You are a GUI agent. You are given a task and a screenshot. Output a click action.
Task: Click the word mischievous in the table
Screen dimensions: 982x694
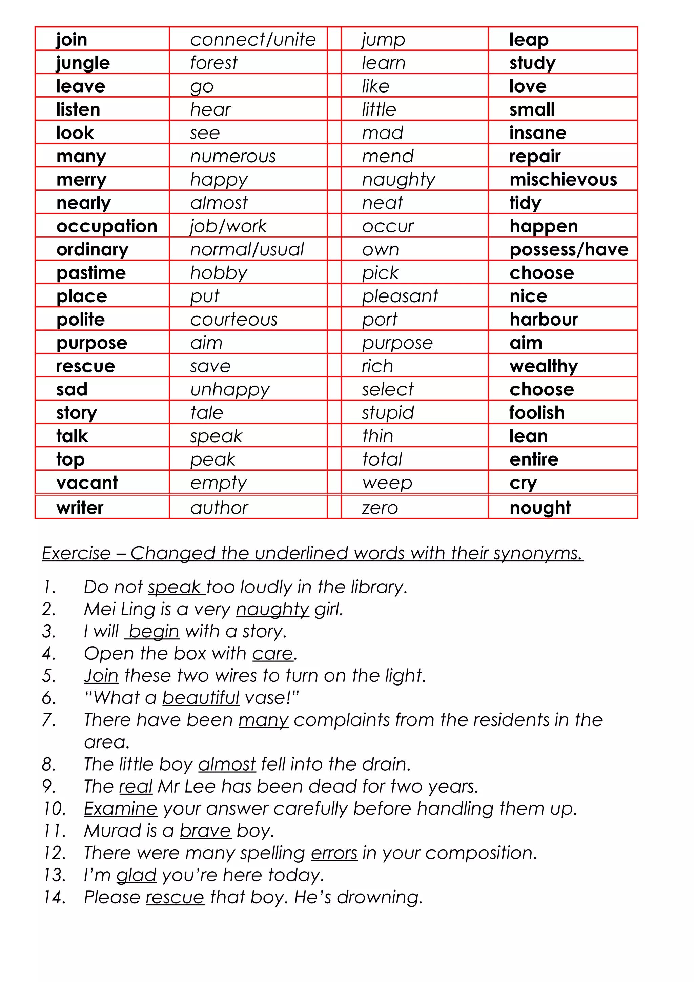pyautogui.click(x=563, y=180)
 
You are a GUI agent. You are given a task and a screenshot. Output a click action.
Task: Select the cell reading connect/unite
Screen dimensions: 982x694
pyautogui.click(x=253, y=40)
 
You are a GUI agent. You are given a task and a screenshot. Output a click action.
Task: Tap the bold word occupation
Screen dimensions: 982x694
pyautogui.click(x=107, y=226)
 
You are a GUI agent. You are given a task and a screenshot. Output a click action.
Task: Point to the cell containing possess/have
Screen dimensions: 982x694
pyautogui.click(x=569, y=250)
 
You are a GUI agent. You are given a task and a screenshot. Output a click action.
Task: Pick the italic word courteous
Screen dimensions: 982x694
pyautogui.click(x=234, y=320)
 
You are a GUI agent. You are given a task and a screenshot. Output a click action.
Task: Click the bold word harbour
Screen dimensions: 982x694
pyautogui.click(x=544, y=320)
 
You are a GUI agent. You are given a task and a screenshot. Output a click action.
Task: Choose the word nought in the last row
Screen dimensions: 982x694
pyautogui.click(x=540, y=508)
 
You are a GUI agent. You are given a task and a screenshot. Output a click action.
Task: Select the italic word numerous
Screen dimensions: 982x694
pyautogui.click(x=233, y=157)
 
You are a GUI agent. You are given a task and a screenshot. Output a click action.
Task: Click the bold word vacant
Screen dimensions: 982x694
pyautogui.click(x=87, y=483)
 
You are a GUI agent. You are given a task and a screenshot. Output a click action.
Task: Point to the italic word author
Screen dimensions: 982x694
pyautogui.click(x=219, y=508)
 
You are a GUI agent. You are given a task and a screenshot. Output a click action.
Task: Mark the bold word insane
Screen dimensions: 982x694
pyautogui.click(x=537, y=133)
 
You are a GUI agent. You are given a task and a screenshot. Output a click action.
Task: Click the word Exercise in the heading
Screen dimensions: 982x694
pyautogui.click(x=77, y=553)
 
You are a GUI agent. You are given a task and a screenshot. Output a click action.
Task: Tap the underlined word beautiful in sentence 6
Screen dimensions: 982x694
pyautogui.click(x=201, y=698)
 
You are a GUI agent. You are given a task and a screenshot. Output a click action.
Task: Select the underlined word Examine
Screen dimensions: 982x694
pyautogui.click(x=121, y=809)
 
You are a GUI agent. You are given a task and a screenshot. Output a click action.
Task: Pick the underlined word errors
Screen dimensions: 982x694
pyautogui.click(x=334, y=853)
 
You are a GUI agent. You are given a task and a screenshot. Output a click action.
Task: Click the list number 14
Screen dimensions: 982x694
pyautogui.click(x=55, y=897)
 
